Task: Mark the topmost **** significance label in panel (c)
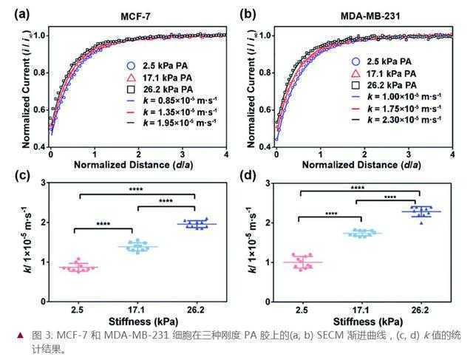(136, 189)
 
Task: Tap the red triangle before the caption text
(10, 336)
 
